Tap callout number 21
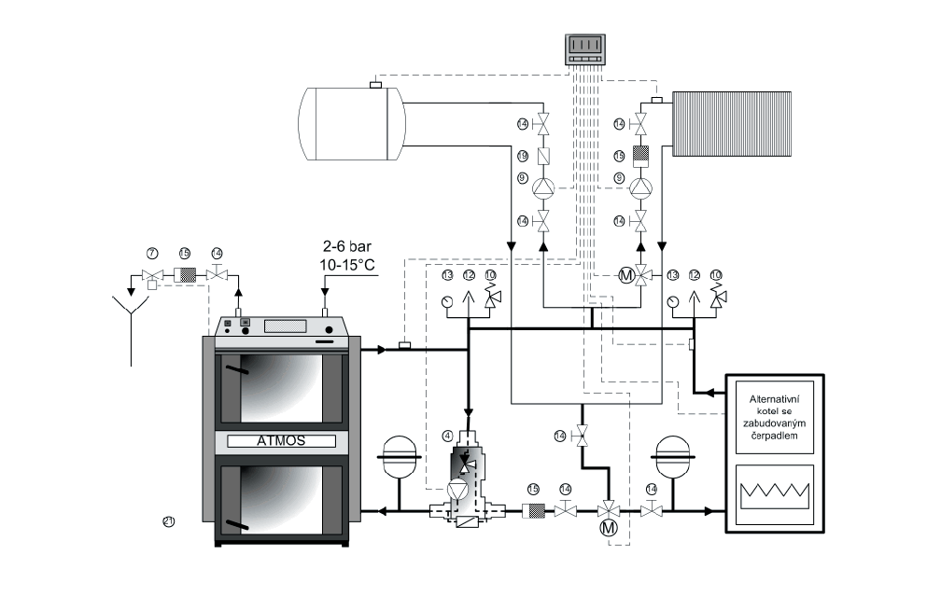click(x=169, y=522)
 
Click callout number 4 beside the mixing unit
click(x=447, y=436)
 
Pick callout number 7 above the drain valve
click(x=151, y=254)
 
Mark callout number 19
click(x=523, y=155)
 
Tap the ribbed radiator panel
click(x=732, y=123)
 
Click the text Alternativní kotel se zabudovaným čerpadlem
click(x=777, y=423)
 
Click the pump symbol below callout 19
click(x=543, y=188)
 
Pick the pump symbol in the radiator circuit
click(x=640, y=188)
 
